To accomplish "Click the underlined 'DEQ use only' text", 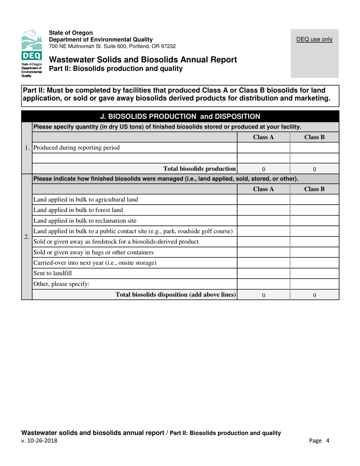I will [x=314, y=39].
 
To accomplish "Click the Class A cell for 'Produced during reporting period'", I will [x=263, y=147].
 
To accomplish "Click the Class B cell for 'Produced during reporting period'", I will [x=315, y=147].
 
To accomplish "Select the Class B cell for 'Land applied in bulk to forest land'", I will [x=315, y=210].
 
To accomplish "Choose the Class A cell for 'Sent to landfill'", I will [x=263, y=273].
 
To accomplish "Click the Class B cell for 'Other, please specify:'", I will [x=315, y=284].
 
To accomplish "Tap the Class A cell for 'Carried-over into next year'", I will [x=263, y=263].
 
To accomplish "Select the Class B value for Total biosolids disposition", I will [x=315, y=294].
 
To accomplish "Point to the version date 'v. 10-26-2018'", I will [x=40, y=441].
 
